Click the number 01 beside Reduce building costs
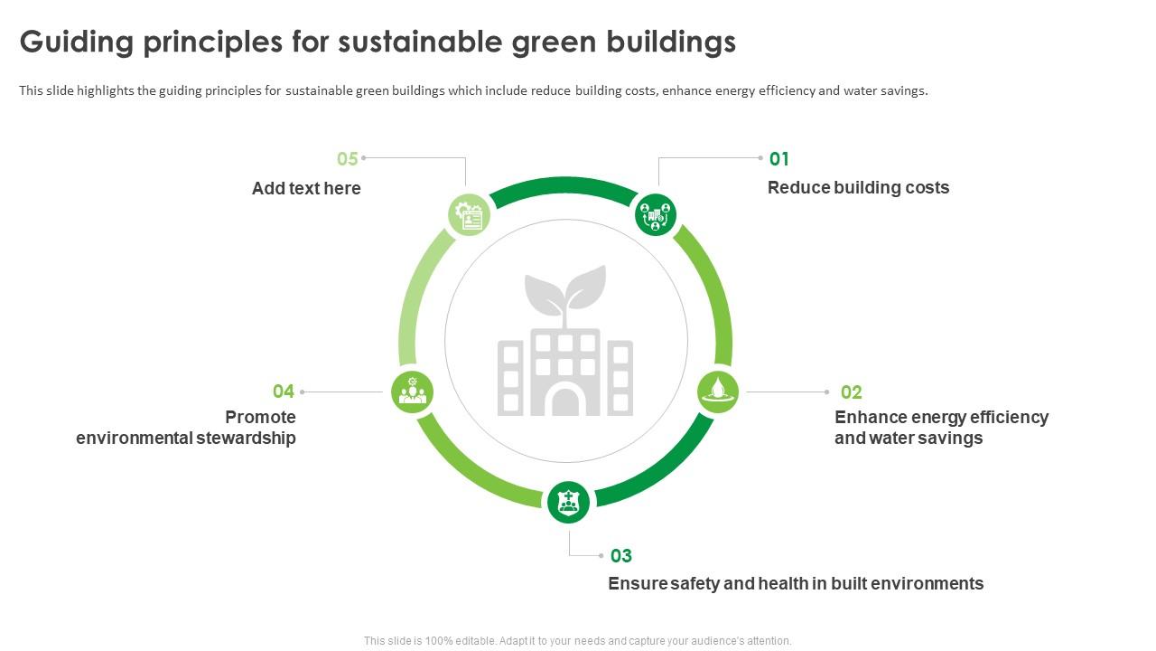tap(778, 158)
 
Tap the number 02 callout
tap(851, 392)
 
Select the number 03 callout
tap(620, 556)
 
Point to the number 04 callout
tap(284, 392)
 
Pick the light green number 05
tap(348, 158)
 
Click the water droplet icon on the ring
tap(718, 392)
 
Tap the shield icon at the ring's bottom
tap(568, 502)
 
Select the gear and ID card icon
tap(469, 214)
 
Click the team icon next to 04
tap(412, 392)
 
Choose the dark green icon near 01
tap(656, 214)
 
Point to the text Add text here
tap(306, 188)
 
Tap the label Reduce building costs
tap(858, 187)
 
